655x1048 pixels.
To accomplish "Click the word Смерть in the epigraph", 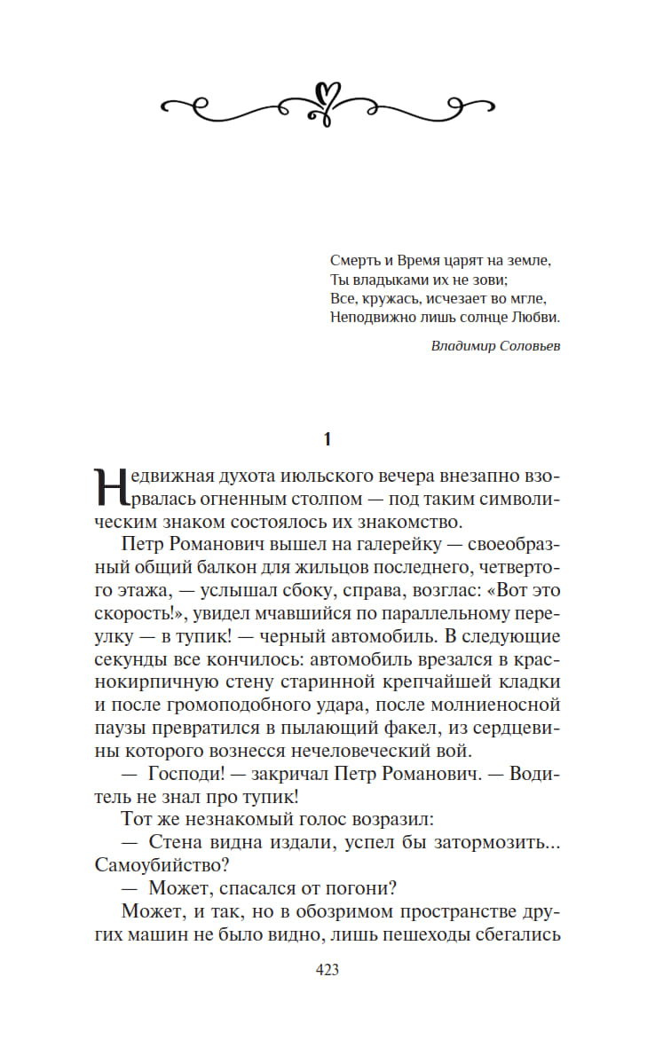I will coord(352,260).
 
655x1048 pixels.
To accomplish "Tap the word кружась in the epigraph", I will coord(388,298).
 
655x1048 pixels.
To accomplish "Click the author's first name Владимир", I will coord(461,346).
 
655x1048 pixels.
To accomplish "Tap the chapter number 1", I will coord(327,438).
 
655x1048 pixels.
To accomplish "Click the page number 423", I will coord(327,970).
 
